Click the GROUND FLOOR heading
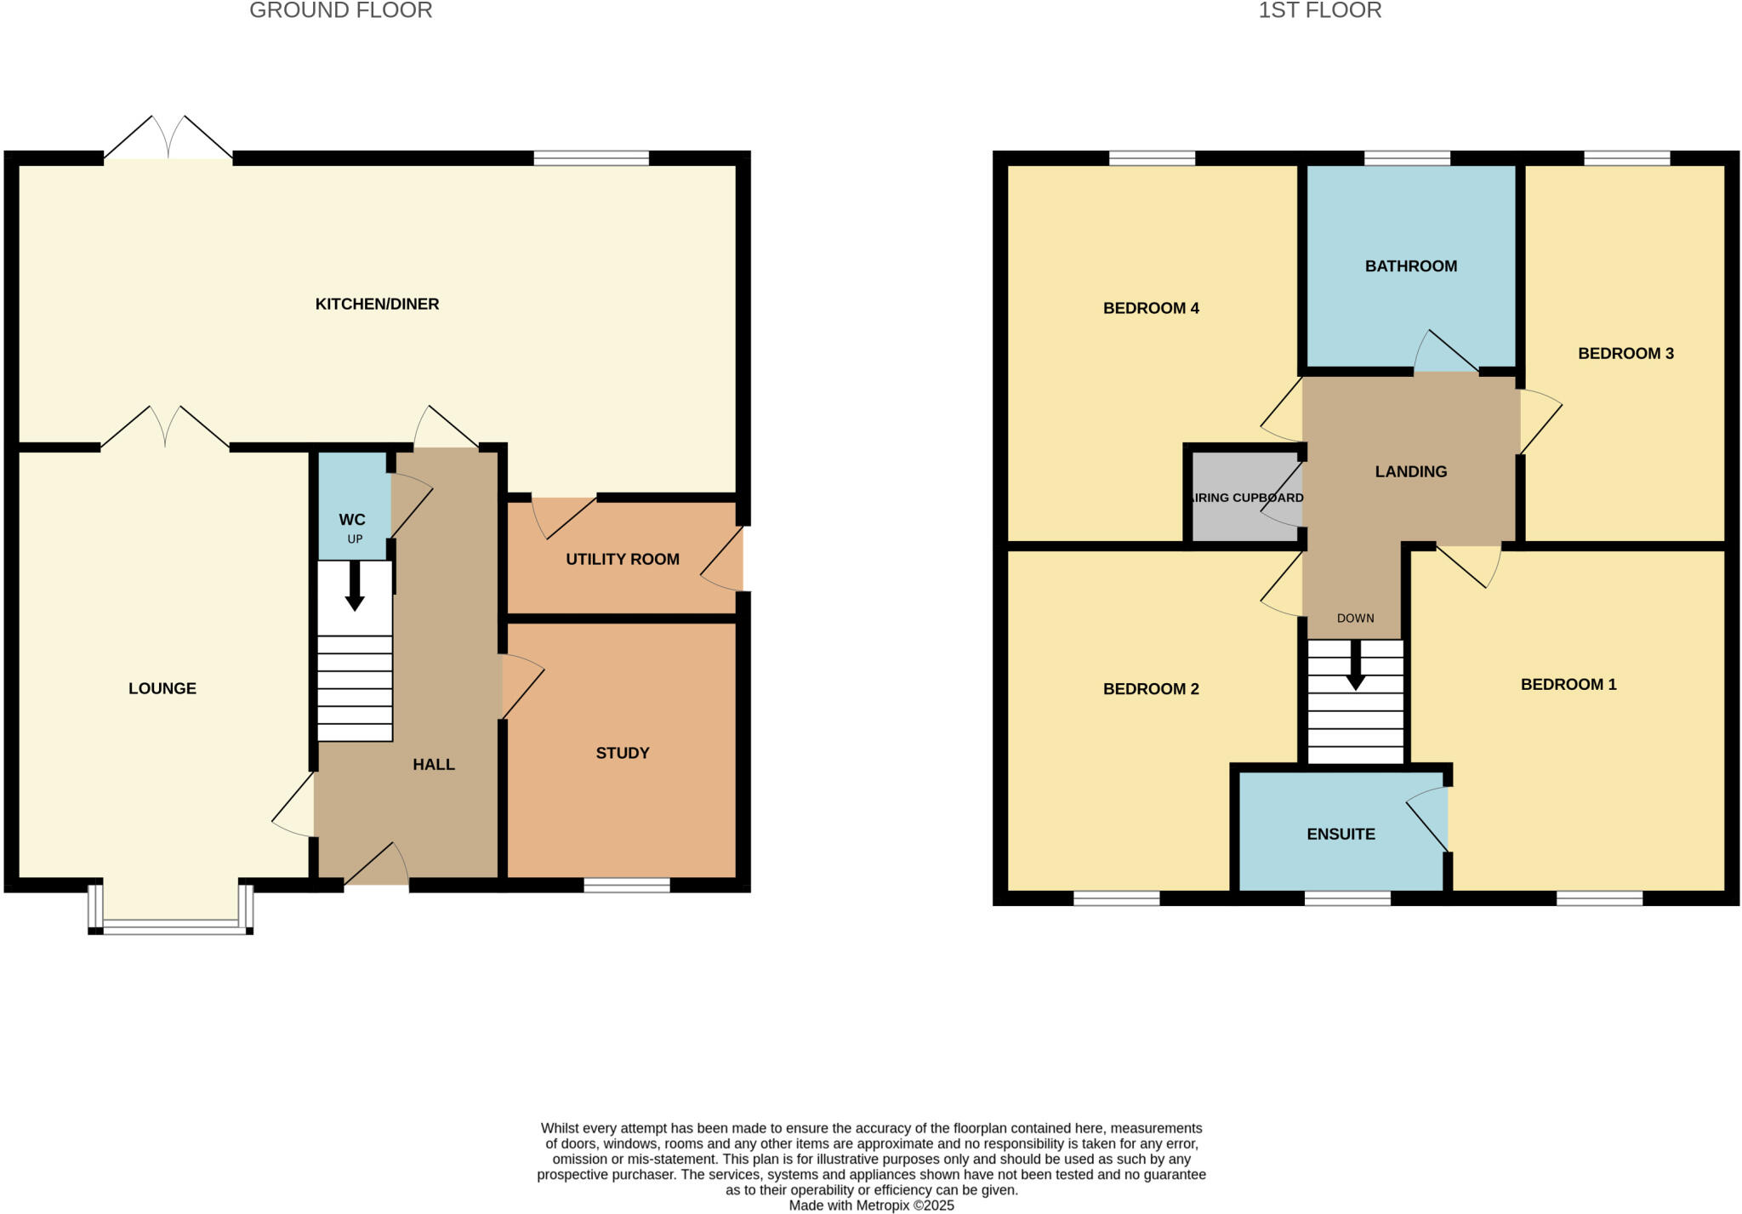(340, 10)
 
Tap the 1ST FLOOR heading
(1319, 10)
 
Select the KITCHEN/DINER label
(377, 304)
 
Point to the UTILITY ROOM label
(622, 559)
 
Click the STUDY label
(622, 753)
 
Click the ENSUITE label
(1341, 834)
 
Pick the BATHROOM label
(1410, 266)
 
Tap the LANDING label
(1410, 471)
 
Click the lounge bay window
(170, 927)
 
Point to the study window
(627, 886)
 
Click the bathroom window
(1407, 157)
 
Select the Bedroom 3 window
(1626, 157)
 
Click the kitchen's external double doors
(168, 140)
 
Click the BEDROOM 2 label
(1150, 689)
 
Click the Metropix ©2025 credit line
(871, 1205)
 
